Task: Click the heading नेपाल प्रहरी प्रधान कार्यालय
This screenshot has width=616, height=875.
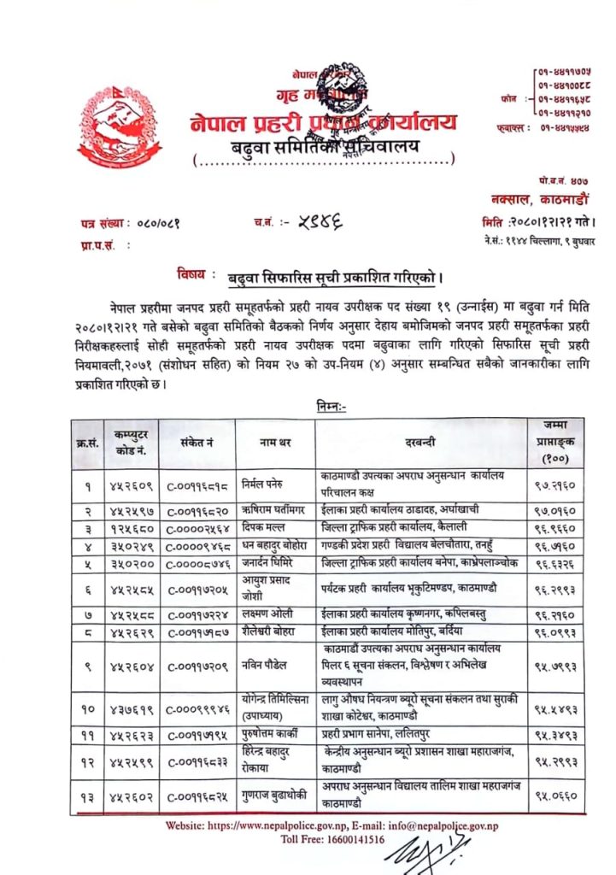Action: [x=324, y=122]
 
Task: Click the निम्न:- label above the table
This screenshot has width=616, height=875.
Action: [x=330, y=408]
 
